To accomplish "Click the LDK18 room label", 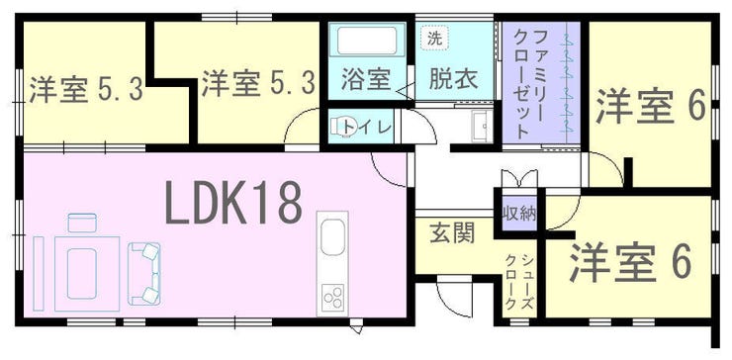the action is [x=233, y=202].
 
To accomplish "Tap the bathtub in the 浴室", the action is [x=367, y=41].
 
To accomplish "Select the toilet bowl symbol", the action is [x=341, y=126].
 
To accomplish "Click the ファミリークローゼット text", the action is [x=532, y=83].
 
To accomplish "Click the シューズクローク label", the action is [x=518, y=282].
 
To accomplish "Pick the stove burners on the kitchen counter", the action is [x=333, y=297].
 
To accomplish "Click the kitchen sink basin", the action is [x=332, y=237].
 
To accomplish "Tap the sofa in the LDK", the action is [x=144, y=274].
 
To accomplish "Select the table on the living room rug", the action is [x=81, y=274].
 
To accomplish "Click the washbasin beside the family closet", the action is [x=482, y=126].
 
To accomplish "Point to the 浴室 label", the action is [x=366, y=78].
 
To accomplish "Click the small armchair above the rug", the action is [x=82, y=223].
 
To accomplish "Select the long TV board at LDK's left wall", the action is [x=39, y=273].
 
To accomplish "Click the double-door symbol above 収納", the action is [x=519, y=179].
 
